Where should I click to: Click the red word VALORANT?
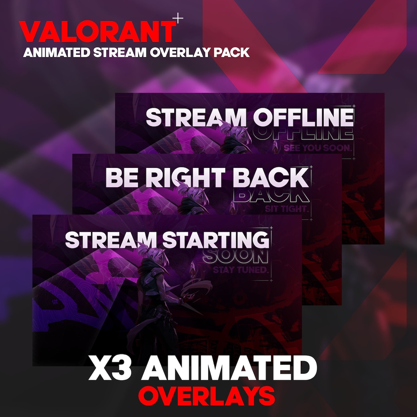97,32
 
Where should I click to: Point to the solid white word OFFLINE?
304,117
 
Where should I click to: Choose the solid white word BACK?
271,178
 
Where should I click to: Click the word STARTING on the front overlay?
216,240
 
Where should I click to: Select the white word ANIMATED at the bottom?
229,368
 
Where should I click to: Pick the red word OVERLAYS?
206,395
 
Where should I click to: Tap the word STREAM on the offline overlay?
196,117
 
